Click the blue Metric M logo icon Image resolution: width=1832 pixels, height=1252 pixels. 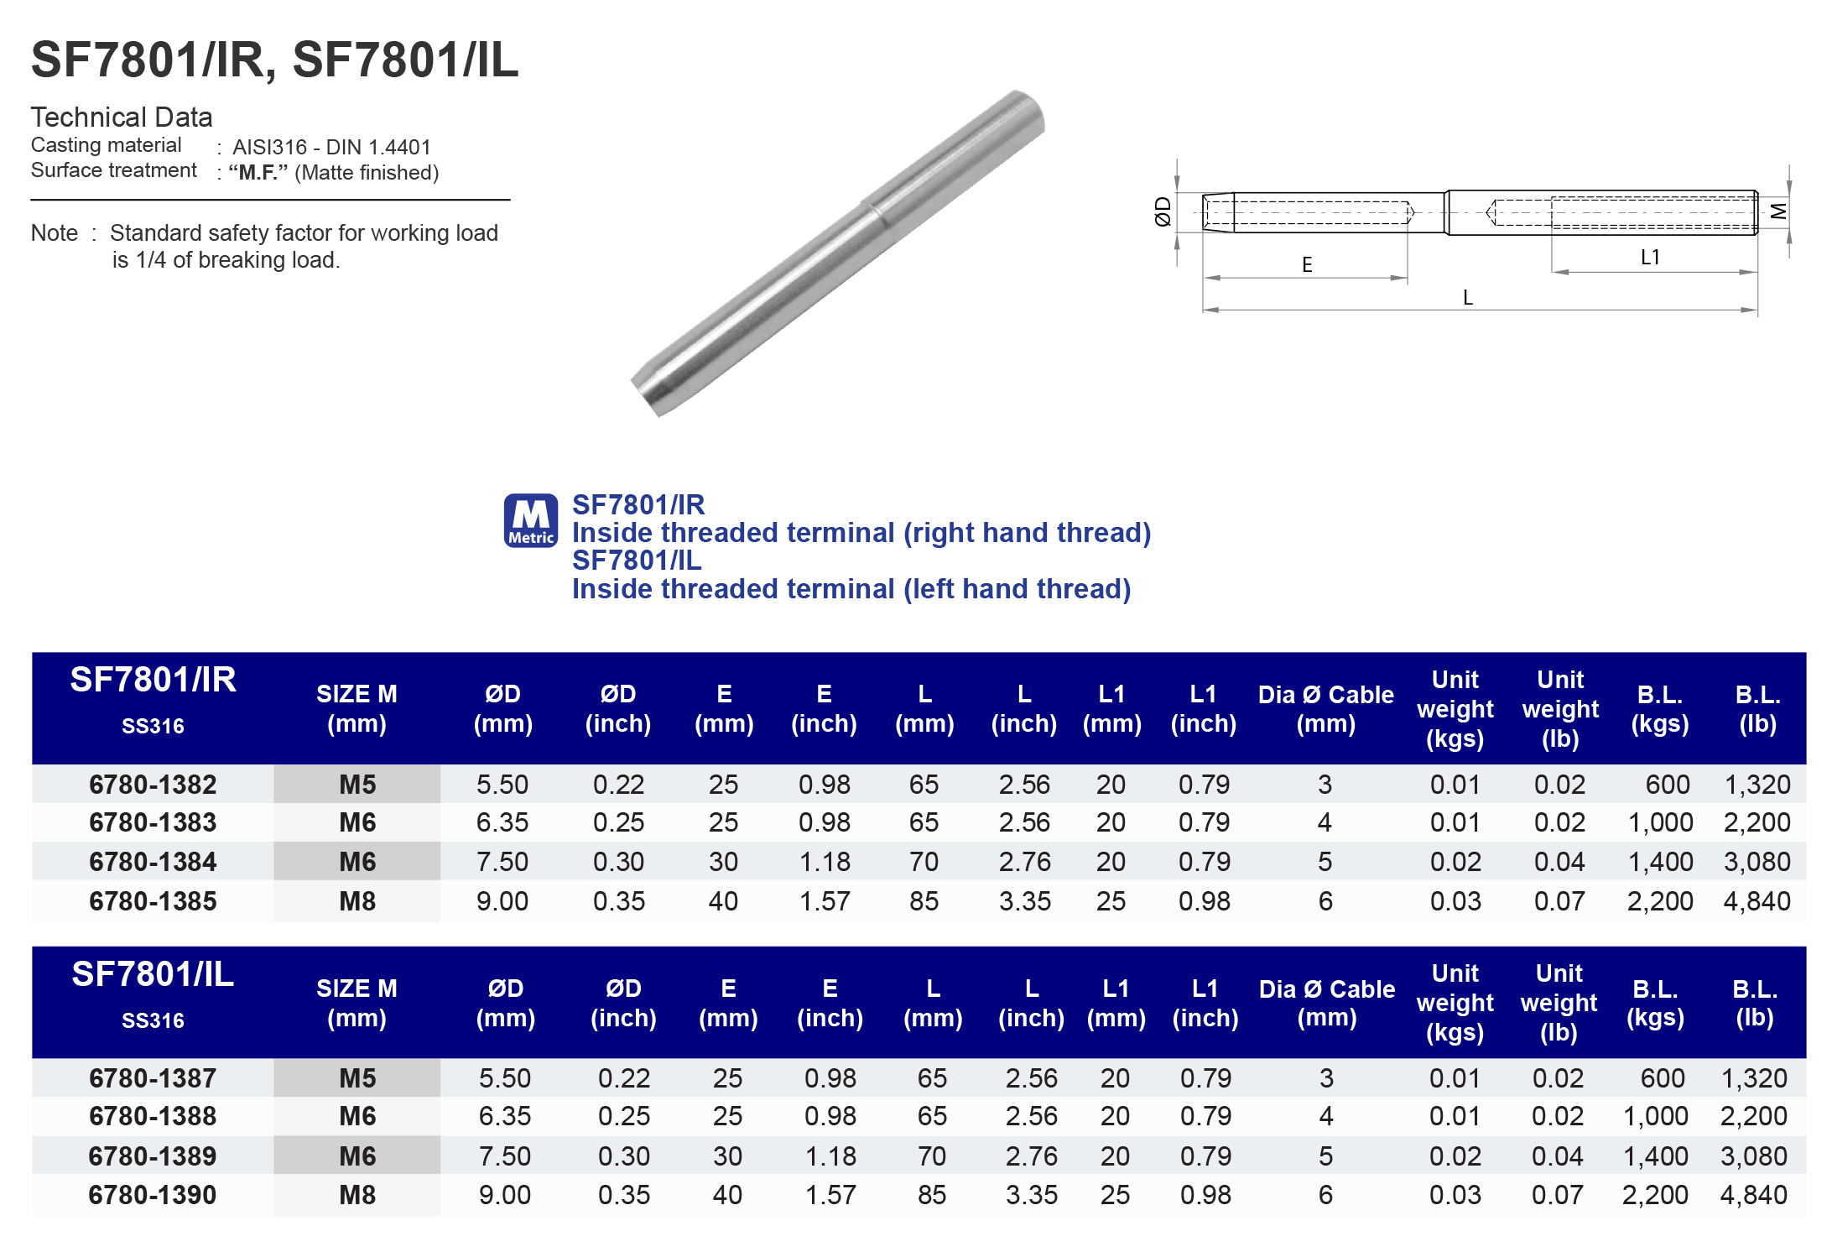pyautogui.click(x=530, y=520)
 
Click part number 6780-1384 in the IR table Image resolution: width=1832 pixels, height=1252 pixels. pyautogui.click(x=153, y=862)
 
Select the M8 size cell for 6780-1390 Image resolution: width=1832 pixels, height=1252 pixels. pyautogui.click(x=357, y=1195)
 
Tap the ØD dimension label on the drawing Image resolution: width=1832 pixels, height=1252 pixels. pyautogui.click(x=1163, y=211)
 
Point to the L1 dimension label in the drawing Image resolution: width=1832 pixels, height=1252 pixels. pyautogui.click(x=1650, y=258)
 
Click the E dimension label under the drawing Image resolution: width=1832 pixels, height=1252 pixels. pyautogui.click(x=1307, y=265)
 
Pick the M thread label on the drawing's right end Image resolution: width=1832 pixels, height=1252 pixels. pyautogui.click(x=1778, y=211)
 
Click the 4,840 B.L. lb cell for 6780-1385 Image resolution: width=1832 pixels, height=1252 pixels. pyautogui.click(x=1757, y=901)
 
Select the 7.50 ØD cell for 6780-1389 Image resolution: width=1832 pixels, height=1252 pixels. pyautogui.click(x=505, y=1156)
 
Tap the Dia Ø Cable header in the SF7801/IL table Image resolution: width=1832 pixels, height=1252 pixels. pyautogui.click(x=1327, y=1003)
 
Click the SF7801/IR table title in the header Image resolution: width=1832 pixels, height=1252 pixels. pyautogui.click(x=153, y=680)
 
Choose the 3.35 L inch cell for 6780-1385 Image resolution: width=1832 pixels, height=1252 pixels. pyautogui.click(x=1024, y=901)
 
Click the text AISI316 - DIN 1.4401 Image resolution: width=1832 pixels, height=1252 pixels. pyautogui.click(x=331, y=148)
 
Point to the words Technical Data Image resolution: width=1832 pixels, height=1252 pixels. pyautogui.click(x=122, y=117)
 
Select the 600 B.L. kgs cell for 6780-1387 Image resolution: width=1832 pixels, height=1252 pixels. pyautogui.click(x=1662, y=1078)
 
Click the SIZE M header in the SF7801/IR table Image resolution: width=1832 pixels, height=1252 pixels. pyautogui.click(x=357, y=709)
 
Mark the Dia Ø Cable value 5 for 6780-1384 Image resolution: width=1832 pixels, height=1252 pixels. pyautogui.click(x=1325, y=862)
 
